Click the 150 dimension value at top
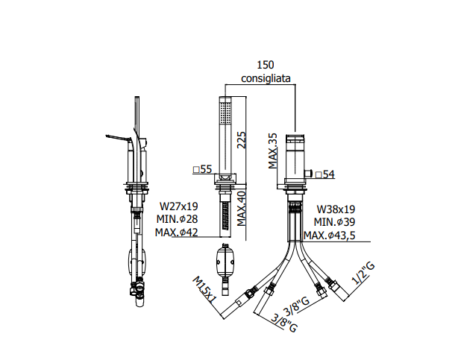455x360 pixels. point(266,65)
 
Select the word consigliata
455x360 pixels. point(266,78)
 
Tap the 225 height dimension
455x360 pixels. point(241,140)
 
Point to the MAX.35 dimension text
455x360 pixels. point(272,151)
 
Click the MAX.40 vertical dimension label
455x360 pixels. point(241,208)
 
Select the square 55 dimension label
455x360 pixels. point(203,169)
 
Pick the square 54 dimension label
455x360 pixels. point(325,174)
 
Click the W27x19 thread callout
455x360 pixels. point(179,206)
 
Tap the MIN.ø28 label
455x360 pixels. point(177,219)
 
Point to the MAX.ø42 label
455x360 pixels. point(177,232)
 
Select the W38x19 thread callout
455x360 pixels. point(336,209)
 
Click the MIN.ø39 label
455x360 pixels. point(334,222)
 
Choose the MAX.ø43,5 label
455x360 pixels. point(330,236)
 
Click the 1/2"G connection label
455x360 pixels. point(363,273)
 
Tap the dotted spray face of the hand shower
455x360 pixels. point(225,113)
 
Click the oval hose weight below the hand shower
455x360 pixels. point(225,262)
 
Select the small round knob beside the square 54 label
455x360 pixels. point(309,174)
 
